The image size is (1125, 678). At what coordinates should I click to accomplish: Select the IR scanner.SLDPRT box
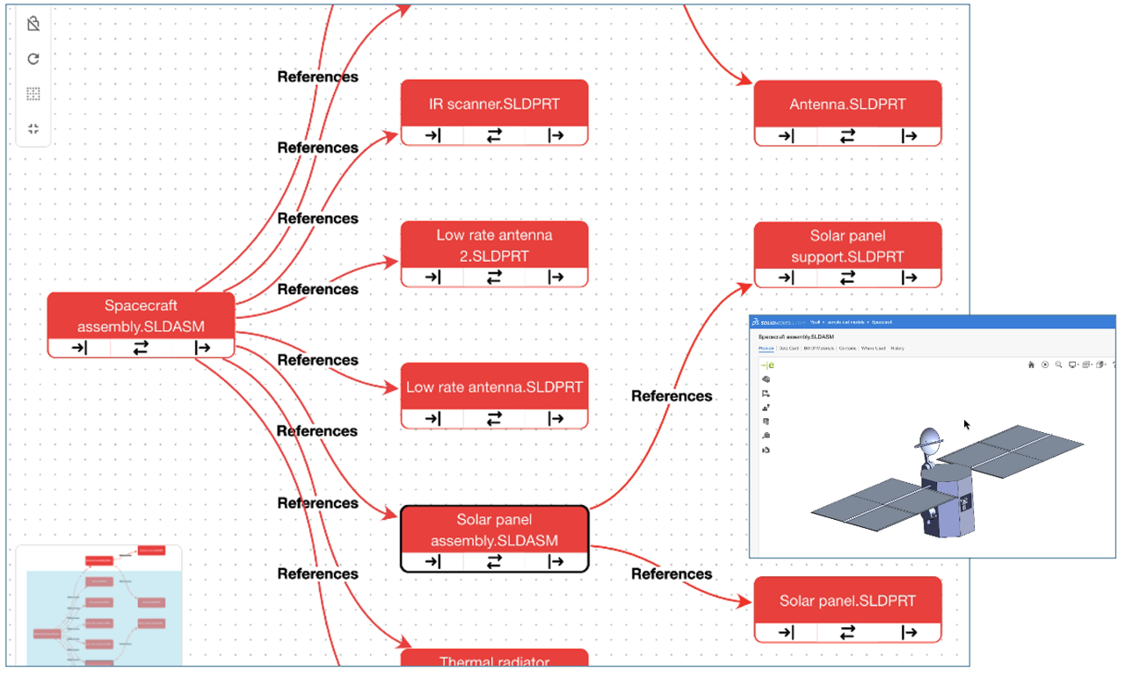(x=494, y=104)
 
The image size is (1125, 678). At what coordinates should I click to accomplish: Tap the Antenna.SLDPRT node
(x=847, y=104)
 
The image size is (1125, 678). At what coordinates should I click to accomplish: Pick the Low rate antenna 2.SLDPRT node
(x=494, y=245)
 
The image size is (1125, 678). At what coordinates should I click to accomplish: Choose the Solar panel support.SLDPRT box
(x=847, y=246)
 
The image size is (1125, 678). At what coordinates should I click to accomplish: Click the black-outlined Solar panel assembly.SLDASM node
(x=494, y=530)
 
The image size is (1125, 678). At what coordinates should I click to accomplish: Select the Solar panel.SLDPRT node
(x=847, y=601)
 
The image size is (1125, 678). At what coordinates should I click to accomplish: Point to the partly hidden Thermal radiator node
(x=494, y=661)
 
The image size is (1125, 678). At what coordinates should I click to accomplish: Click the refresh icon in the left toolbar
(x=33, y=59)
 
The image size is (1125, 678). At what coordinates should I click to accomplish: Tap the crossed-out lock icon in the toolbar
(x=33, y=24)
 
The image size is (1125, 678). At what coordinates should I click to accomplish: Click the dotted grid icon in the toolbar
(x=33, y=94)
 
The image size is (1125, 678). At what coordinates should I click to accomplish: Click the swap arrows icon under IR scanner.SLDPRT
(x=494, y=135)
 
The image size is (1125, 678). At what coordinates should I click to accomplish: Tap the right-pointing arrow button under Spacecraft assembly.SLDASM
(x=202, y=348)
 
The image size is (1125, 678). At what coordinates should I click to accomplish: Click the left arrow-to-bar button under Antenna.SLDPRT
(x=786, y=135)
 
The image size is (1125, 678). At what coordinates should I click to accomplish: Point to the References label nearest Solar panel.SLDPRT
(x=671, y=573)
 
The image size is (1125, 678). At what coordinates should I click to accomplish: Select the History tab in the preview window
(x=896, y=349)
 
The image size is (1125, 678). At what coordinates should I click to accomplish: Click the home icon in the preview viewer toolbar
(x=1031, y=364)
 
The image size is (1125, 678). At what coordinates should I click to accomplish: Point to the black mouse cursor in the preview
(x=967, y=424)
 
